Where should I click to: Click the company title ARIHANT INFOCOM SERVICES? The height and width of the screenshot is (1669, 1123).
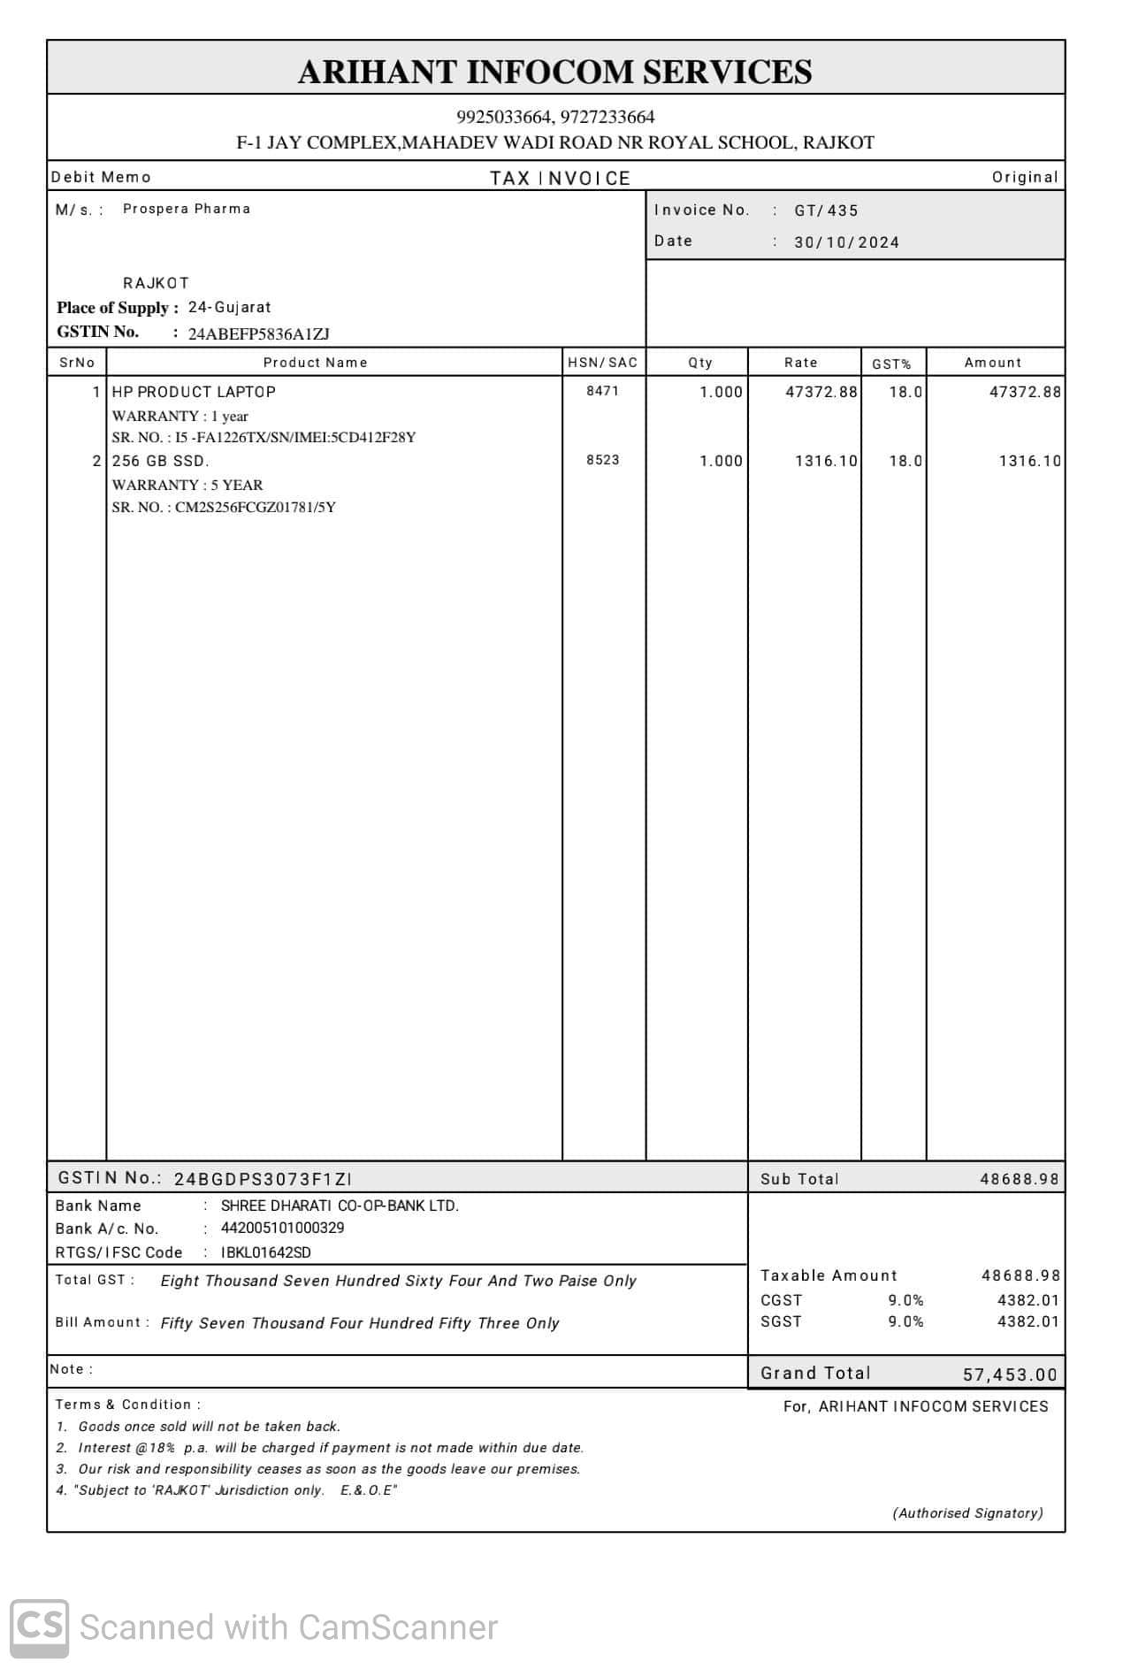pyautogui.click(x=554, y=72)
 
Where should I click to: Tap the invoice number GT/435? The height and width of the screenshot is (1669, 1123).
pyautogui.click(x=826, y=211)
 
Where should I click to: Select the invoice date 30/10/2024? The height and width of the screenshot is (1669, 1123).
pyautogui.click(x=846, y=242)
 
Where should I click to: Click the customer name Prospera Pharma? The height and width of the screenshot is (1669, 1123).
pyautogui.click(x=187, y=209)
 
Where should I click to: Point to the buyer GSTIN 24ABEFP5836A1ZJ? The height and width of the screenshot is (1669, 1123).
pyautogui.click(x=258, y=334)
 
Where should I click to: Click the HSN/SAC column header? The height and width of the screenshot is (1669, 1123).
pyautogui.click(x=602, y=363)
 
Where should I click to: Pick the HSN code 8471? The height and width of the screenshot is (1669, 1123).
pyautogui.click(x=602, y=391)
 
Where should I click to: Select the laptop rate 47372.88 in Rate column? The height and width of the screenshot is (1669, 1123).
pyautogui.click(x=821, y=392)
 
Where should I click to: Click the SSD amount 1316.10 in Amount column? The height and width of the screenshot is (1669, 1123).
pyautogui.click(x=1029, y=461)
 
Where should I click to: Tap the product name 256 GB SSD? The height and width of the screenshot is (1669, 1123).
pyautogui.click(x=160, y=461)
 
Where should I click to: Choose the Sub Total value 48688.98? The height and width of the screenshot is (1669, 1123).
pyautogui.click(x=1019, y=1179)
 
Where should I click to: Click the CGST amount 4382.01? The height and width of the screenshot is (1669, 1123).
pyautogui.click(x=1028, y=1300)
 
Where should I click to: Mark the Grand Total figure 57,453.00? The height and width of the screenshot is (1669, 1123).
pyautogui.click(x=1009, y=1374)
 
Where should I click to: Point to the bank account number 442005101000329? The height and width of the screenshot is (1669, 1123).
pyautogui.click(x=282, y=1228)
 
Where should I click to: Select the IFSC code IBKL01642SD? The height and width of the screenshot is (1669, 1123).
pyautogui.click(x=265, y=1252)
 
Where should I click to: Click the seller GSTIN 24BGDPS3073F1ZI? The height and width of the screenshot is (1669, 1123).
pyautogui.click(x=263, y=1179)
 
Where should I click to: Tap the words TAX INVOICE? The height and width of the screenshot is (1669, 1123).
pyautogui.click(x=560, y=179)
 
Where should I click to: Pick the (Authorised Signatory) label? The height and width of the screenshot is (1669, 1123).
pyautogui.click(x=967, y=1513)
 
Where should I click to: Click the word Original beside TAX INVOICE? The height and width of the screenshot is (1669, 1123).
pyautogui.click(x=1024, y=177)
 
